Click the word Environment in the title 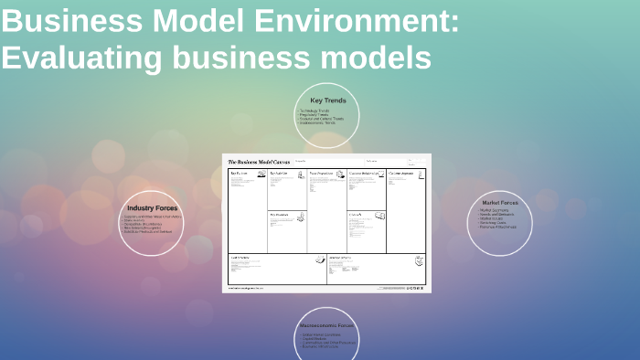pos(357,21)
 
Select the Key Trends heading pos(328,101)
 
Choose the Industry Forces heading pos(152,208)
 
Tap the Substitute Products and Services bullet pos(148,231)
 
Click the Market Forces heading pos(499,203)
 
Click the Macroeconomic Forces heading pos(326,325)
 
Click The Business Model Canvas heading pos(259,162)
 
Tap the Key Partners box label pos(240,173)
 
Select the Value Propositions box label pos(321,173)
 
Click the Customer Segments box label pos(403,173)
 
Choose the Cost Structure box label pos(240,257)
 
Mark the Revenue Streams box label pos(340,257)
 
